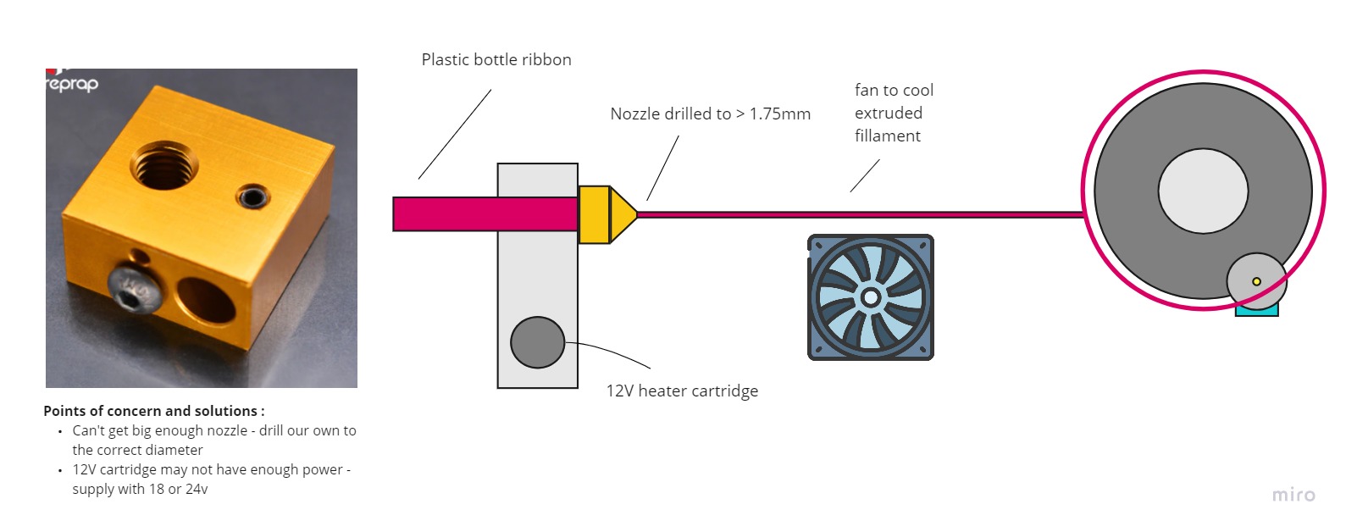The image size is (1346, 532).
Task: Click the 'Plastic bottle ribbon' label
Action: click(496, 60)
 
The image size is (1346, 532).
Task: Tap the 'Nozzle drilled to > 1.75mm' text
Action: click(710, 114)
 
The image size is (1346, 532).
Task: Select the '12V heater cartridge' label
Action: click(682, 391)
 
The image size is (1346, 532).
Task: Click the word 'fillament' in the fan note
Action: click(887, 136)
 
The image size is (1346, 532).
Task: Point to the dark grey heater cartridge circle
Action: click(537, 342)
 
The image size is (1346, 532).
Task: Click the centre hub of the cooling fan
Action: click(870, 297)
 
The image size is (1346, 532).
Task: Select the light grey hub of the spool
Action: click(1202, 191)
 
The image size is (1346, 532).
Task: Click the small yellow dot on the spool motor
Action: click(1256, 281)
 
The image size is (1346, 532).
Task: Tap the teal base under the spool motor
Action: click(1256, 312)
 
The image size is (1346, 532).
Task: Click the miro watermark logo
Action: click(1293, 495)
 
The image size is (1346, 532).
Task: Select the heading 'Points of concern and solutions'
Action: click(153, 411)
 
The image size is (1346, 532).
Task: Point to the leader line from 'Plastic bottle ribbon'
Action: click(455, 134)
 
